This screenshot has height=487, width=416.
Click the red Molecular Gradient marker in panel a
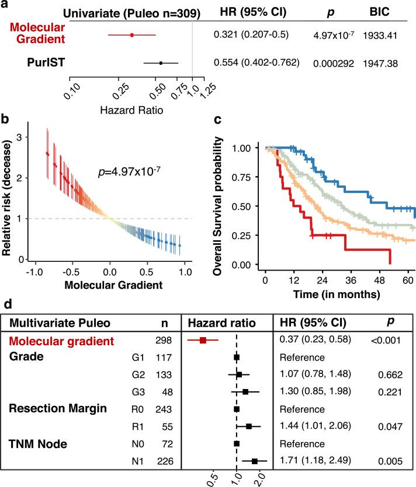132,35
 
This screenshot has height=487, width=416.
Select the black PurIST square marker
161,62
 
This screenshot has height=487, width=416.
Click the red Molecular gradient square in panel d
203,339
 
